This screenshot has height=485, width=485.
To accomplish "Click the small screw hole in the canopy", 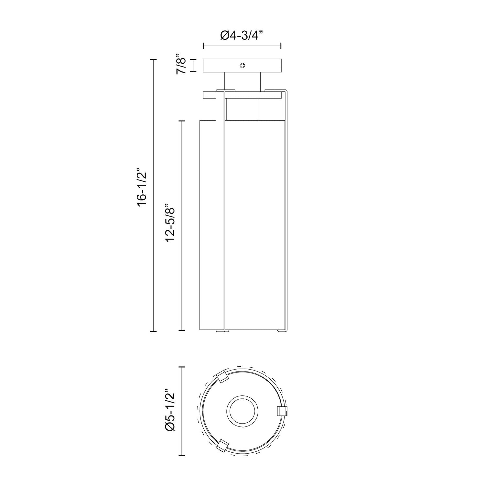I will point(242,66).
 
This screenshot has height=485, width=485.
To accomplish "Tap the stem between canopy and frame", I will point(242,81).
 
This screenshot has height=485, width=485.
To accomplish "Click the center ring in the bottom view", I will point(242,411).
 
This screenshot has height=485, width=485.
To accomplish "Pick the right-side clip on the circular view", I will point(282,411).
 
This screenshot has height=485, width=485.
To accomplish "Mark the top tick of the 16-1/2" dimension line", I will point(153,60).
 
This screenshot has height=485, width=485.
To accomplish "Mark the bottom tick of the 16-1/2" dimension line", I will point(153,331).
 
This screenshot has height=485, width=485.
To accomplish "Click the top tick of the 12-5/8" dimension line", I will point(182,121).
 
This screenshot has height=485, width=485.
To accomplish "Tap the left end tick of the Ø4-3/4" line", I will point(203,46).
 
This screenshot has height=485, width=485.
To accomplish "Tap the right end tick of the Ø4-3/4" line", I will point(281,46).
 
